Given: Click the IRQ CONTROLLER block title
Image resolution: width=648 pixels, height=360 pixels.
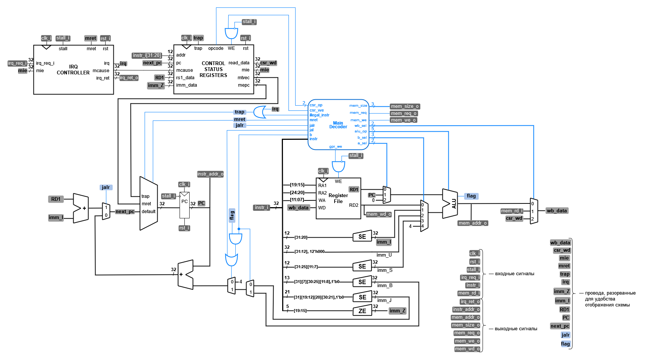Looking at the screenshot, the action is (x=73, y=70).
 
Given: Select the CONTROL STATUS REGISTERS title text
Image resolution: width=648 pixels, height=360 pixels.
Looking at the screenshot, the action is (x=213, y=69).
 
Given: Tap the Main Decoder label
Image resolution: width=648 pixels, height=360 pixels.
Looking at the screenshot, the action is (x=338, y=125).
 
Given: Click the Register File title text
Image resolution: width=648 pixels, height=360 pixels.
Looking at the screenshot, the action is (x=338, y=198).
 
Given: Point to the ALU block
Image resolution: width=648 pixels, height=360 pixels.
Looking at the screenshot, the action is (x=450, y=203).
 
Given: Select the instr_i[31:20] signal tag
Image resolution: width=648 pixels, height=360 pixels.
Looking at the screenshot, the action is (x=147, y=55).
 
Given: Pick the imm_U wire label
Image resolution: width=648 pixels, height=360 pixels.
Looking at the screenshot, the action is (x=384, y=255).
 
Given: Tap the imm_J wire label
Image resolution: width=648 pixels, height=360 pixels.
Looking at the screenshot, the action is (x=384, y=300).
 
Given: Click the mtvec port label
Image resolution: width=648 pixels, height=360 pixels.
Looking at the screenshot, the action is (x=244, y=78).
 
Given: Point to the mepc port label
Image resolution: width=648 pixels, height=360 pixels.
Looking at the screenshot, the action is (x=244, y=85).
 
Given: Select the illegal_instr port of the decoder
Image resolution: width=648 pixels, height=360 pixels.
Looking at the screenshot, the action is (x=319, y=115).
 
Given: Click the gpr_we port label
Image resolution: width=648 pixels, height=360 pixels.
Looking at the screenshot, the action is (x=335, y=147).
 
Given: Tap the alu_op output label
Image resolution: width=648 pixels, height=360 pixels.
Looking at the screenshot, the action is (x=361, y=131).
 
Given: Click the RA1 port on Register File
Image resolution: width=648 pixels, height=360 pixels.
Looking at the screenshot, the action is (x=322, y=186).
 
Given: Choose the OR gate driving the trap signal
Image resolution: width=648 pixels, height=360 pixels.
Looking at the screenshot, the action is (x=259, y=112).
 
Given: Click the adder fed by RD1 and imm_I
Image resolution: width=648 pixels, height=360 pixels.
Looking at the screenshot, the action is (x=81, y=208).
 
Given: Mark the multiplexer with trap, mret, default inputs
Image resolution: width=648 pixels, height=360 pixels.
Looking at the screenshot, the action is (x=148, y=203).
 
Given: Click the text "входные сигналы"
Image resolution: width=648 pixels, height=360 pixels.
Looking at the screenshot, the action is (x=515, y=274).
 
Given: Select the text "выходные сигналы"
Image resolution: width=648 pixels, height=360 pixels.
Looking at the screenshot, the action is (x=516, y=329).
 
